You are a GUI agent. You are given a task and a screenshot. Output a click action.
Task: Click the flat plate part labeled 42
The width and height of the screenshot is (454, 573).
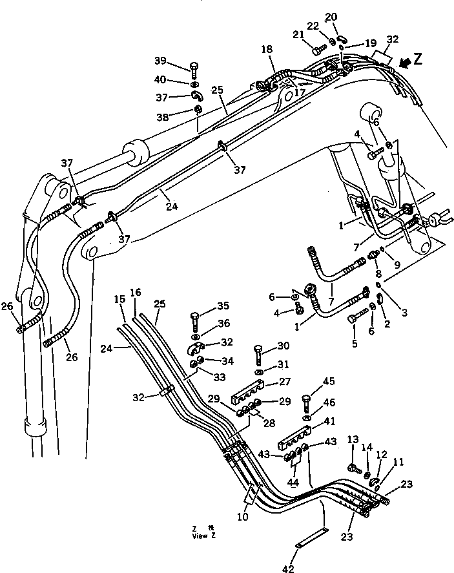tap(312, 539)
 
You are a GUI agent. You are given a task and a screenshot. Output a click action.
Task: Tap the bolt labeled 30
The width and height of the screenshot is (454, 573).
tap(258, 354)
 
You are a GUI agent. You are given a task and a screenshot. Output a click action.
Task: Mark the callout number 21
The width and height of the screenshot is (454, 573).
tap(298, 35)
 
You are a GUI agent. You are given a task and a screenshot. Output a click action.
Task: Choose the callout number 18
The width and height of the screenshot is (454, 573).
tap(267, 49)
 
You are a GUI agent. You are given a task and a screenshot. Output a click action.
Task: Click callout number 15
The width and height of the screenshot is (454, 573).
tap(118, 300)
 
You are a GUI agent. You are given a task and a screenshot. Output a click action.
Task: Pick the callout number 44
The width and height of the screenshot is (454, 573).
tap(294, 482)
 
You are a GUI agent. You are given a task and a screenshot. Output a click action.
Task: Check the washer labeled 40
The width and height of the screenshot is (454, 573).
tap(194, 85)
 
